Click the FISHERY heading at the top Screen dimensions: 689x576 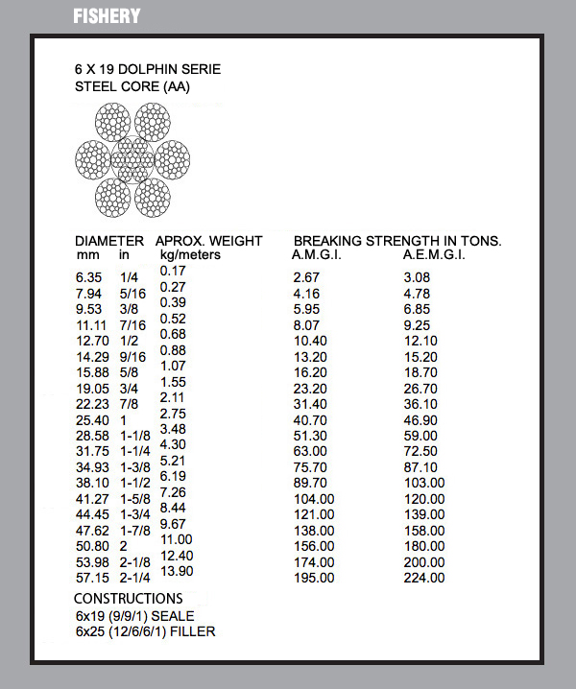pos(107,16)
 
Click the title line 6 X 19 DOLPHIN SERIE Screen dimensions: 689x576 pos(148,70)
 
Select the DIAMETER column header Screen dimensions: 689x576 pos(109,241)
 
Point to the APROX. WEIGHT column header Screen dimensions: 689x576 pos(208,241)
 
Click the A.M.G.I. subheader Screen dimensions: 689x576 pos(317,255)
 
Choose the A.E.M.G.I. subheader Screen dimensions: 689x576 pos(435,255)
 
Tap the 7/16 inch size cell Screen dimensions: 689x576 pos(132,326)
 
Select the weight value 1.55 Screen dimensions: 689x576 pos(173,382)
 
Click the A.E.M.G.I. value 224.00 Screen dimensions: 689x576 pos(424,578)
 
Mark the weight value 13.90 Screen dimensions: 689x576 pos(178,571)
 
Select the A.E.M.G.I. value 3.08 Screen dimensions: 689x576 pos(419,277)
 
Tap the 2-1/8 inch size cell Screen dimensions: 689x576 pos(135,561)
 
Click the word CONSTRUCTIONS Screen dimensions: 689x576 pos(128,599)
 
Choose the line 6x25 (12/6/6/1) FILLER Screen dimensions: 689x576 pos(145,631)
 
